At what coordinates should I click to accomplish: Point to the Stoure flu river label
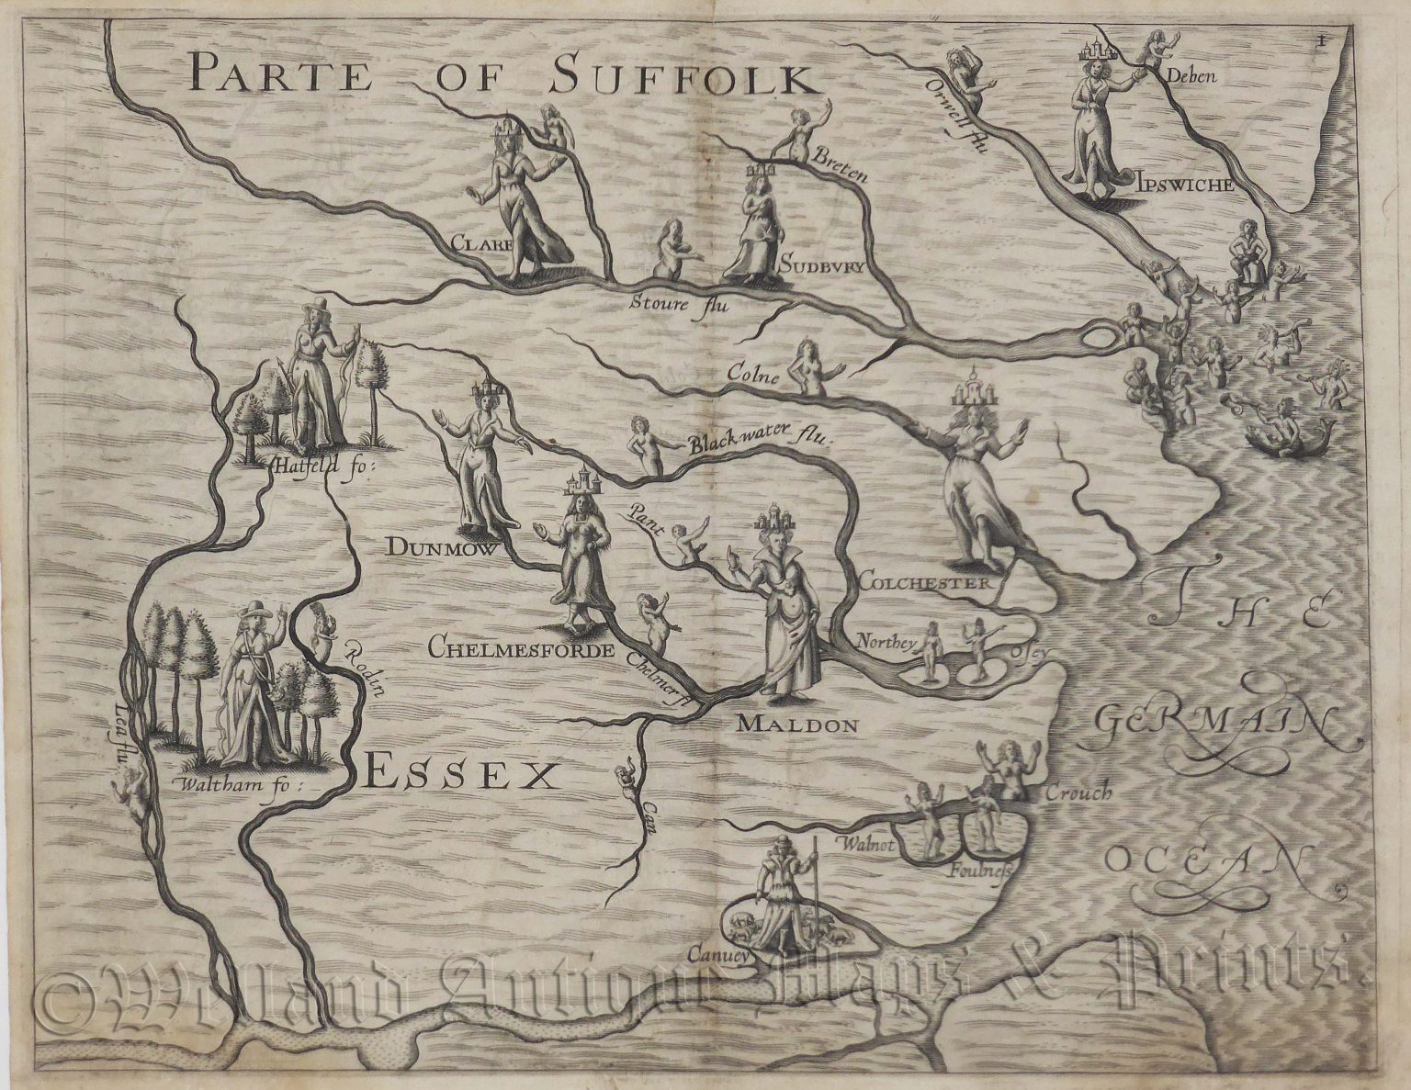tap(678, 303)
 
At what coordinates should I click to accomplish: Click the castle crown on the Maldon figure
tap(776, 522)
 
